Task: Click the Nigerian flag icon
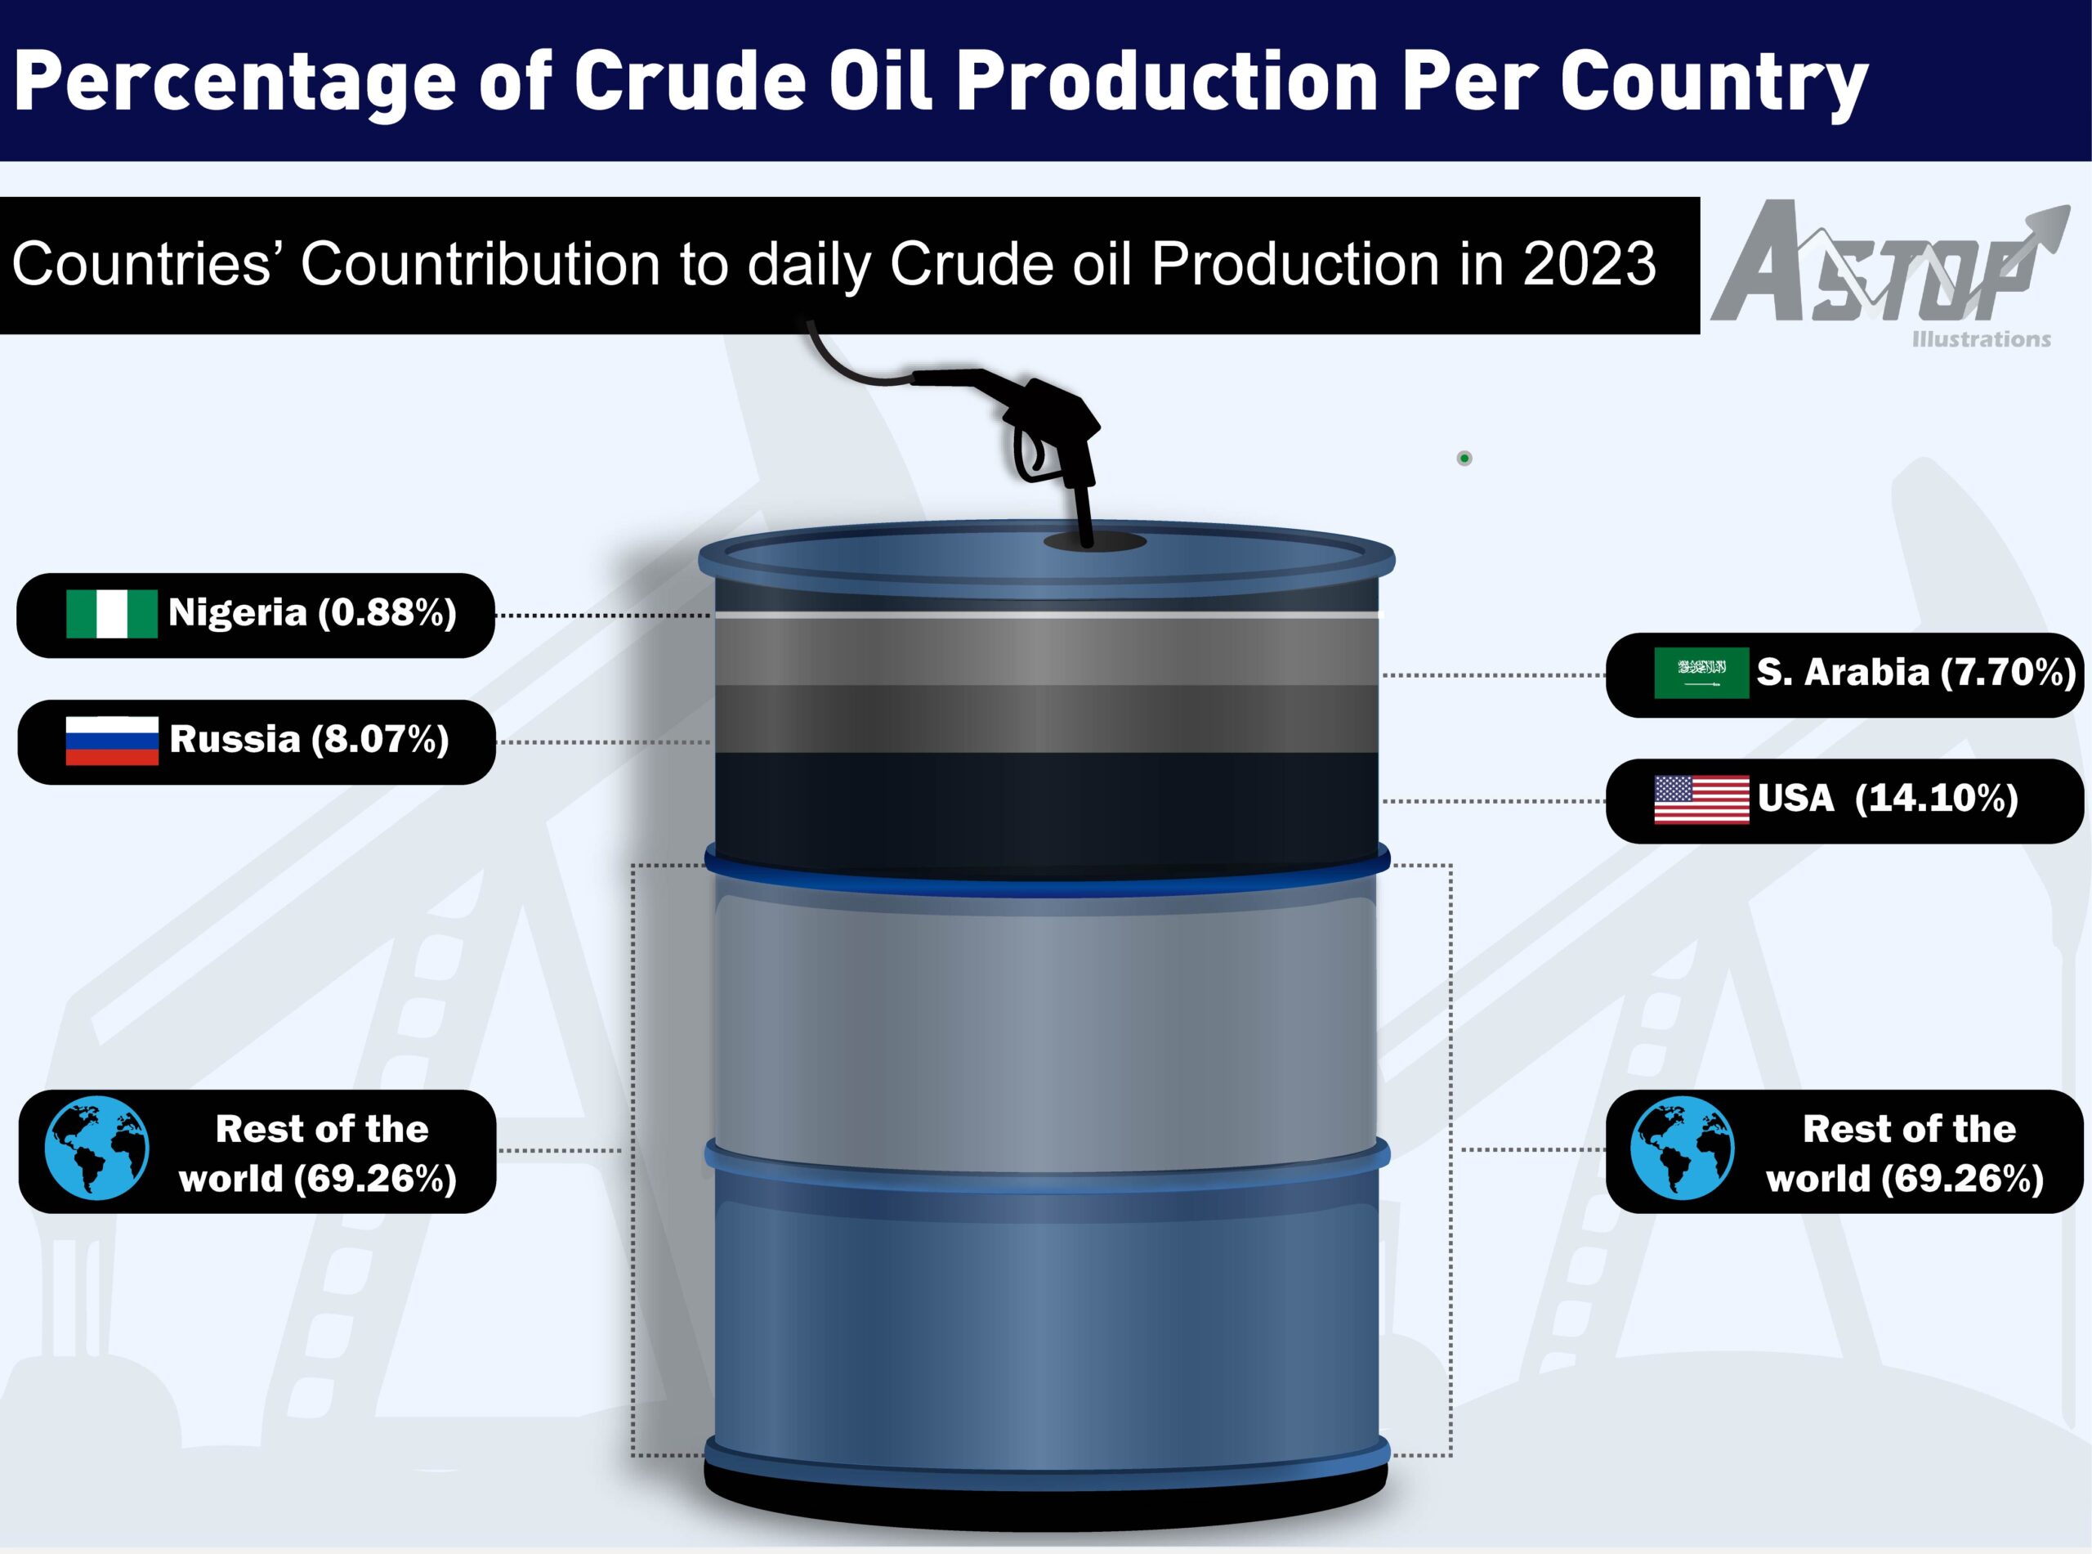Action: tap(112, 614)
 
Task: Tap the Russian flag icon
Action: tap(112, 741)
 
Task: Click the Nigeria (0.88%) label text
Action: tap(312, 613)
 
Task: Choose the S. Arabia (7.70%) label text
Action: tap(1916, 673)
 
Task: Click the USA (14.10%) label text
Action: tap(1888, 799)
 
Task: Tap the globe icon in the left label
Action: tap(97, 1148)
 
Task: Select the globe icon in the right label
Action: tap(1683, 1148)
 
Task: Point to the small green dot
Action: tap(1464, 458)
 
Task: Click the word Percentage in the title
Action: tap(235, 83)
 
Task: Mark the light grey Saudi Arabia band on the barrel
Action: tap(1047, 652)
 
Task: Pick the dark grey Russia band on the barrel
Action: tap(1047, 719)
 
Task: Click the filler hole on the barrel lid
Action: tap(1094, 542)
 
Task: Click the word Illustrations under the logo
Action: tap(1981, 339)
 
